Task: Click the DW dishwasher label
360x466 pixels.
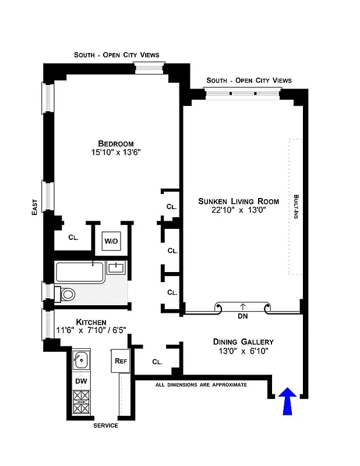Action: coord(81,381)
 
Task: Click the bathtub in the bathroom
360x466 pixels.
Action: coord(80,272)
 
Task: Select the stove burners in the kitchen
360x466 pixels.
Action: coord(81,403)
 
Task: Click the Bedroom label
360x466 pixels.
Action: coord(115,144)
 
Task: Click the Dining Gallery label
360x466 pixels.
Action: coord(243,342)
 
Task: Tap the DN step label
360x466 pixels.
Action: coord(242,317)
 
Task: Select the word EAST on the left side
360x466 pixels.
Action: coord(34,207)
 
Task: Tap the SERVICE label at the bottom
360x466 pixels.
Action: coord(105,426)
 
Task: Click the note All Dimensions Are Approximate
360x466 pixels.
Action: coord(201,385)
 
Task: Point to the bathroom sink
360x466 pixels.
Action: coord(117,267)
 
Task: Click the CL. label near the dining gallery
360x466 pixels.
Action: coord(157,362)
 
